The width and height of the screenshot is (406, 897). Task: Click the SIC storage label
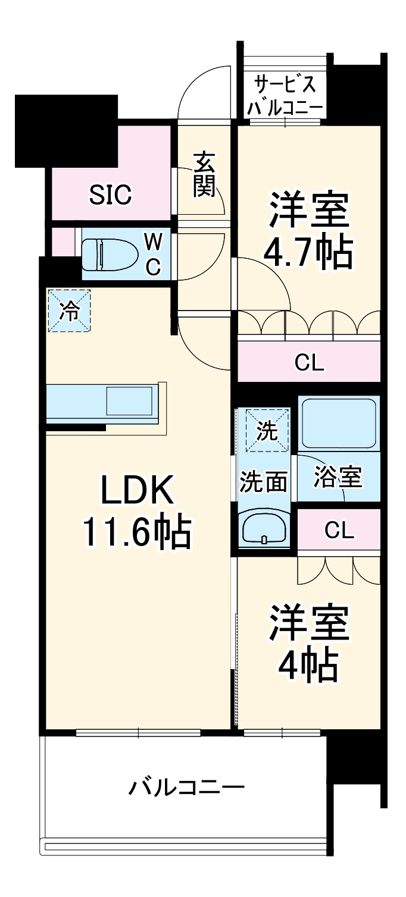tap(110, 194)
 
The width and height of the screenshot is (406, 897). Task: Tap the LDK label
tap(136, 491)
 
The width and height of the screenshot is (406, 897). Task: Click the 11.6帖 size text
tap(136, 531)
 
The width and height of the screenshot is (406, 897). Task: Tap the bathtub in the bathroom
tap(338, 423)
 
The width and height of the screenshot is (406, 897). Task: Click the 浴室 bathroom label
tap(338, 477)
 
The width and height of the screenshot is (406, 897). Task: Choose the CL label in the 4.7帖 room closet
tap(309, 363)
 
